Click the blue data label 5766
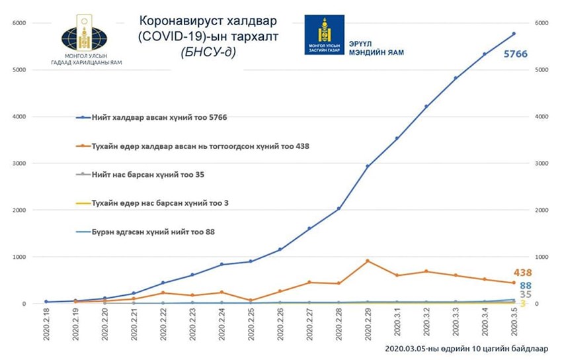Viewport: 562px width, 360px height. point(515,54)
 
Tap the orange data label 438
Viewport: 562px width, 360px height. point(522,273)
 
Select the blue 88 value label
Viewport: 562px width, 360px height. point(526,285)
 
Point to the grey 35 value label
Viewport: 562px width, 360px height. point(526,294)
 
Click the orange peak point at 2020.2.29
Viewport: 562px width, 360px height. point(368,261)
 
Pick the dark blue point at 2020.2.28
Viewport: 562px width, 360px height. point(339,208)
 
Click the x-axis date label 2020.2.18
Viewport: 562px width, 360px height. point(46,323)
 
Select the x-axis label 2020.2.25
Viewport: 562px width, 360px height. point(251,323)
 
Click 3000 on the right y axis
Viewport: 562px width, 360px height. point(541,163)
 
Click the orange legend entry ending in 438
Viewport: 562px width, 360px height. point(192,146)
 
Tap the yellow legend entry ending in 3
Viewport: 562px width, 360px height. point(152,202)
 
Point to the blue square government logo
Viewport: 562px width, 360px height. point(324,34)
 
